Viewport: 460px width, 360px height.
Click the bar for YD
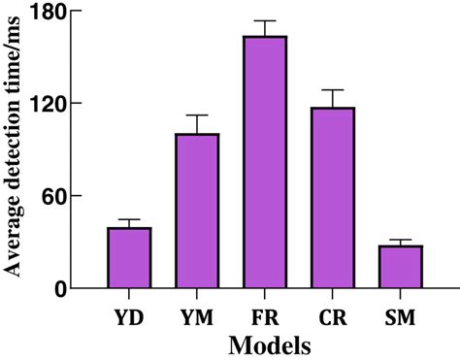(129, 258)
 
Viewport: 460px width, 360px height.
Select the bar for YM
(197, 212)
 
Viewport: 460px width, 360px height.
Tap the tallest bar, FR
(265, 162)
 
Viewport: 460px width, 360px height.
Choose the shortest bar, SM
(401, 267)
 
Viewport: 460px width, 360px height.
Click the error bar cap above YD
(129, 220)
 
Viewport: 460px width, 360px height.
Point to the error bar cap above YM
(197, 115)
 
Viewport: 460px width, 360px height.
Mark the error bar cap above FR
(265, 20)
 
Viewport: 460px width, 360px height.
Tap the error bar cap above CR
(333, 90)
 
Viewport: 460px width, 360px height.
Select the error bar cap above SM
(401, 240)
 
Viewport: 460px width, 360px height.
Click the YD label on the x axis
(129, 315)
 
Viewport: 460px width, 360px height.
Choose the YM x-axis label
(197, 315)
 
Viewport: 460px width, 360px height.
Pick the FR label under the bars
(265, 315)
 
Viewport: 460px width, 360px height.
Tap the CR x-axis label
(333, 315)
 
